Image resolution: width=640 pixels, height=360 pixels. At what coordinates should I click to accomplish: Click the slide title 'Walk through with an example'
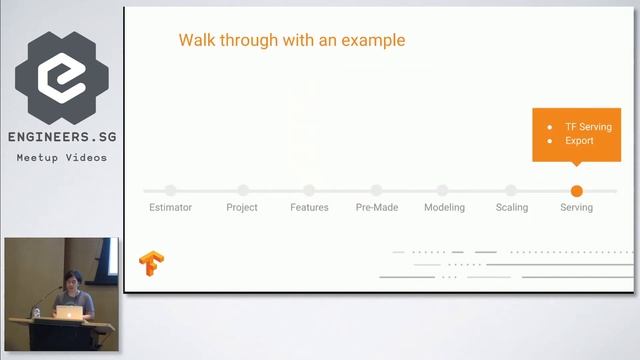292,41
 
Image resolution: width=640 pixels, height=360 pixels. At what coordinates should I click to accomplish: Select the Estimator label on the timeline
170,207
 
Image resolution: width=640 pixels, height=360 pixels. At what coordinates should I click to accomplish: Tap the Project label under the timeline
242,207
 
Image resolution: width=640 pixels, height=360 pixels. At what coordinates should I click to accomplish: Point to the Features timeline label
309,207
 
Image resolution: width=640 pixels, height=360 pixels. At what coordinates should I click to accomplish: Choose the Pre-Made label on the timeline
376,207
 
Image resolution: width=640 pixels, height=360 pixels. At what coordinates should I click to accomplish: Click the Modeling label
443,207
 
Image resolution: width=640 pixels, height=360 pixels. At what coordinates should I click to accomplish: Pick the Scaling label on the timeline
511,207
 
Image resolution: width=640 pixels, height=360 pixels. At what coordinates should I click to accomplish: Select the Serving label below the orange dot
576,207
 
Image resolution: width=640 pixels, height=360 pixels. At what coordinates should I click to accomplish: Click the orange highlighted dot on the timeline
576,190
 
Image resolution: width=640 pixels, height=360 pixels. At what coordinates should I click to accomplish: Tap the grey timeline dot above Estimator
170,190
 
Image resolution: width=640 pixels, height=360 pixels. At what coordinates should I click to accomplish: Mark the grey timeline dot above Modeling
443,190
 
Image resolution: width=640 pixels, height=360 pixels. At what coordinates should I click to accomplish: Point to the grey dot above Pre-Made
376,190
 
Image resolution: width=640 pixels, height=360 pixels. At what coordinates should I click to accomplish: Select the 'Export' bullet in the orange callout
579,141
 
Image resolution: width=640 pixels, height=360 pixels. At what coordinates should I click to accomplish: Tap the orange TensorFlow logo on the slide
152,264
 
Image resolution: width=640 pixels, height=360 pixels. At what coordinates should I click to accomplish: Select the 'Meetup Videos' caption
61,157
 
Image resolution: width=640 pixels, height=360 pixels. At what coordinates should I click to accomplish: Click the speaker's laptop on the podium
68,312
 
